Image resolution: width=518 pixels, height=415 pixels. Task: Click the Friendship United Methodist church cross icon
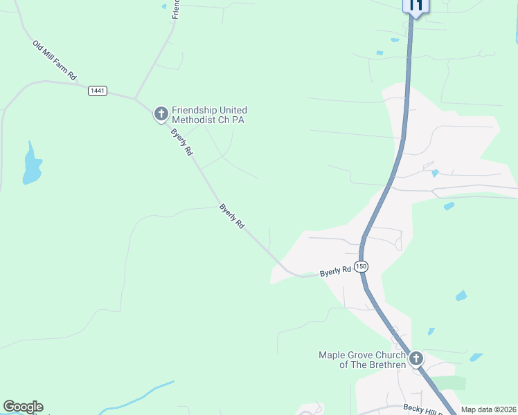(161, 113)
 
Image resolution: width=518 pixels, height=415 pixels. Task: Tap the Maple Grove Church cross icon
(416, 358)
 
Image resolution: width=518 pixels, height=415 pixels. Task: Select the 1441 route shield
(98, 91)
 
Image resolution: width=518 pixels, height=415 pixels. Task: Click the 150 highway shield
(360, 266)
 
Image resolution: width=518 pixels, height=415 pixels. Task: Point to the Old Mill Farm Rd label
(54, 59)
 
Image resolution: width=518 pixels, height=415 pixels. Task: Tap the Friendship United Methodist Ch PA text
(209, 115)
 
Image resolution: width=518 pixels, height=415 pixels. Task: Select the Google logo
(23, 407)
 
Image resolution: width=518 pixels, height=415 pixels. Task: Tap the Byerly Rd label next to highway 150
(336, 272)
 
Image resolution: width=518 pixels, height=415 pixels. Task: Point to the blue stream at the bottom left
(139, 396)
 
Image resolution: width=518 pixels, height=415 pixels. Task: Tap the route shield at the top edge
(416, 6)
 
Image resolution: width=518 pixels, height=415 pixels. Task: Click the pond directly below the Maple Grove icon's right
(476, 358)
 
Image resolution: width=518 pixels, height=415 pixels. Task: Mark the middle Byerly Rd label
(232, 216)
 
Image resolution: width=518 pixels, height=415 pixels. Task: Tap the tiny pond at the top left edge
(164, 6)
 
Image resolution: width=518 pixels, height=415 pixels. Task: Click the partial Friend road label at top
(176, 9)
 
